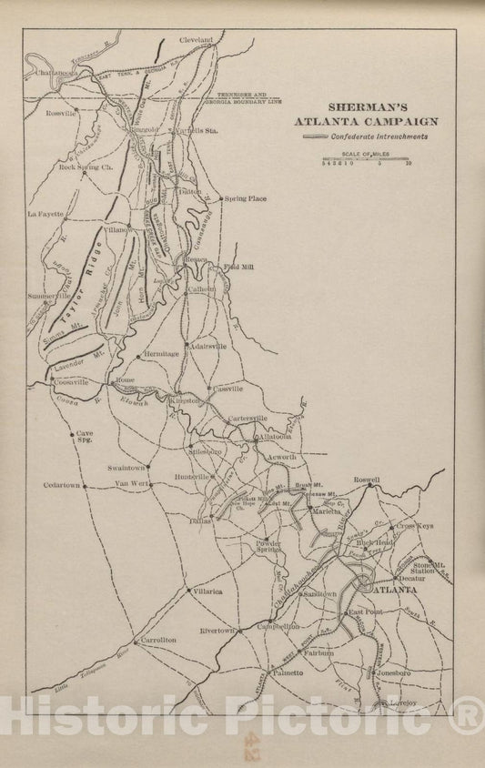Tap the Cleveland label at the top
pyautogui.click(x=195, y=41)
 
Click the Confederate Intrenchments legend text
pyautogui.click(x=381, y=136)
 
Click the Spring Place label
pyautogui.click(x=246, y=197)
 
